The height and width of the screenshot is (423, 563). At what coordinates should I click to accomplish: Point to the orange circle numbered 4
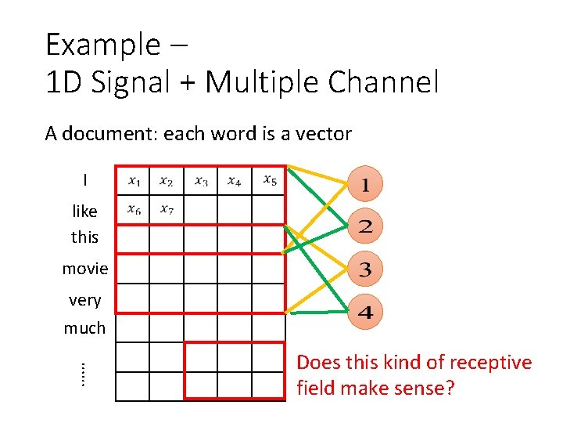[365, 313]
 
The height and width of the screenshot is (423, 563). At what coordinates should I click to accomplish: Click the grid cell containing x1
[133, 181]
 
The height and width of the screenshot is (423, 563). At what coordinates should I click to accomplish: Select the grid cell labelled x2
[167, 181]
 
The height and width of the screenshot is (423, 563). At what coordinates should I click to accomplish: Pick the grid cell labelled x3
[201, 181]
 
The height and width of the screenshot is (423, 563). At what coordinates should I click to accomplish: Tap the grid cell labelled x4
[235, 181]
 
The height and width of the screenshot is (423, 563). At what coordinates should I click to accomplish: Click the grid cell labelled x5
[269, 180]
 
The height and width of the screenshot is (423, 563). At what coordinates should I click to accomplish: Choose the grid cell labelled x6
[133, 210]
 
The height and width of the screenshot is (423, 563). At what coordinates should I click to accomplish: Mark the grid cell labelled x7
[167, 210]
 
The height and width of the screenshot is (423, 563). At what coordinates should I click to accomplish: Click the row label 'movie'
[85, 269]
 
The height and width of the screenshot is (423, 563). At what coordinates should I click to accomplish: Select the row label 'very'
[84, 300]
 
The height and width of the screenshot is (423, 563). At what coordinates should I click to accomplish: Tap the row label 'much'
[84, 328]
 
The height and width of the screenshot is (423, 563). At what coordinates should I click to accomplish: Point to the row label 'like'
[84, 211]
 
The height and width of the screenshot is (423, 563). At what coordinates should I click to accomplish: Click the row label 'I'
[84, 180]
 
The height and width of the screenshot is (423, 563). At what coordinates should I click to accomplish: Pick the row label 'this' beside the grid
[84, 236]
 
